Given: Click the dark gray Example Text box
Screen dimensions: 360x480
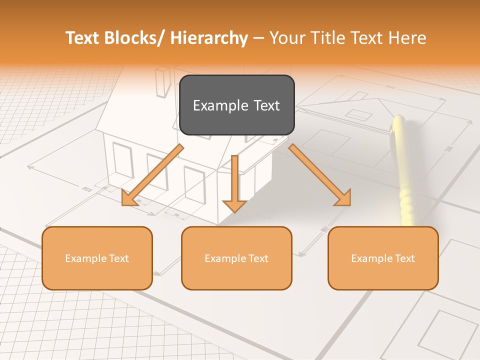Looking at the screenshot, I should click(236, 105).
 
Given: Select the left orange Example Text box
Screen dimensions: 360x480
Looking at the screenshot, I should click(97, 258).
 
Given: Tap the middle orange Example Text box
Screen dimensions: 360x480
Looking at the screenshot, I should click(236, 258).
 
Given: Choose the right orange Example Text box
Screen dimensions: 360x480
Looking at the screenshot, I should click(383, 258).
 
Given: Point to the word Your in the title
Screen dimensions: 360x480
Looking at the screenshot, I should click(286, 38).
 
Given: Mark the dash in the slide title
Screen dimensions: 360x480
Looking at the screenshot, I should click(258, 38).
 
